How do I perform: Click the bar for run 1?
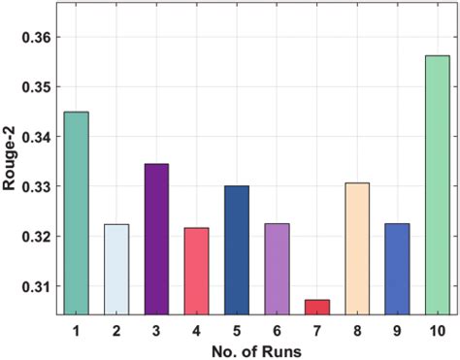tap(76, 213)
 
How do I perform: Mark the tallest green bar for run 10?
tap(437, 185)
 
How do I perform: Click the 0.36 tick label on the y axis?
tap(37, 37)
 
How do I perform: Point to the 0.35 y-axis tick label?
tap(37, 87)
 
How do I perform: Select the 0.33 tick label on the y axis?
tap(37, 186)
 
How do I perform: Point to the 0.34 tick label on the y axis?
tap(37, 137)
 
